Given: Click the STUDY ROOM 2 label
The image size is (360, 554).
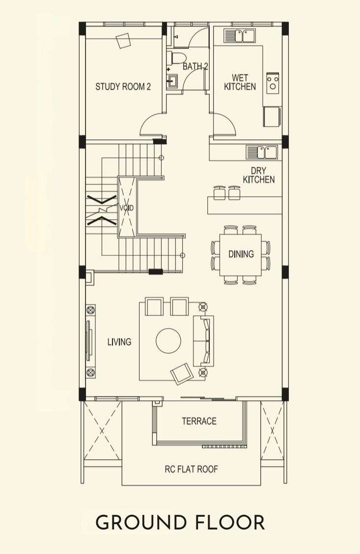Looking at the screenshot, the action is (x=123, y=86).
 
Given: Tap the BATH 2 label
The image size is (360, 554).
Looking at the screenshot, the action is (x=195, y=66).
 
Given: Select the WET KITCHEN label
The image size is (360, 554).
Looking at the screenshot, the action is (x=240, y=82).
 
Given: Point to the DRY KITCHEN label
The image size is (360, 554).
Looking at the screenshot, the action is (x=259, y=175).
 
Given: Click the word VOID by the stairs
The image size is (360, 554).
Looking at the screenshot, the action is (x=126, y=208).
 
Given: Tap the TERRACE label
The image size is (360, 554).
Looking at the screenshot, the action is (x=199, y=421).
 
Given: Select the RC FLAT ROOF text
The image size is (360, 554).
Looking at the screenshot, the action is (x=192, y=469).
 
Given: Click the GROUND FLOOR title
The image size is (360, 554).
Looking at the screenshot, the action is (x=180, y=523).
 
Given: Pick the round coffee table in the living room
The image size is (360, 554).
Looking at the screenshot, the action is (x=168, y=341).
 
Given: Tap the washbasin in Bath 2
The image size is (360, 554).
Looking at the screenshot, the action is (x=172, y=81).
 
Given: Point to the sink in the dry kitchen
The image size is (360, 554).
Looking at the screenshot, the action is (x=262, y=152).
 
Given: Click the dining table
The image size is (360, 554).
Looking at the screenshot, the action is (x=241, y=255).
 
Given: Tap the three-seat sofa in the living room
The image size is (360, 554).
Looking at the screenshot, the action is (x=203, y=341).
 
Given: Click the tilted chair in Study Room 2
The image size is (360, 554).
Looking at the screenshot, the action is (x=123, y=41).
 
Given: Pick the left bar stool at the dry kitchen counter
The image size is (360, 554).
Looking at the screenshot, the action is (x=220, y=192).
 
